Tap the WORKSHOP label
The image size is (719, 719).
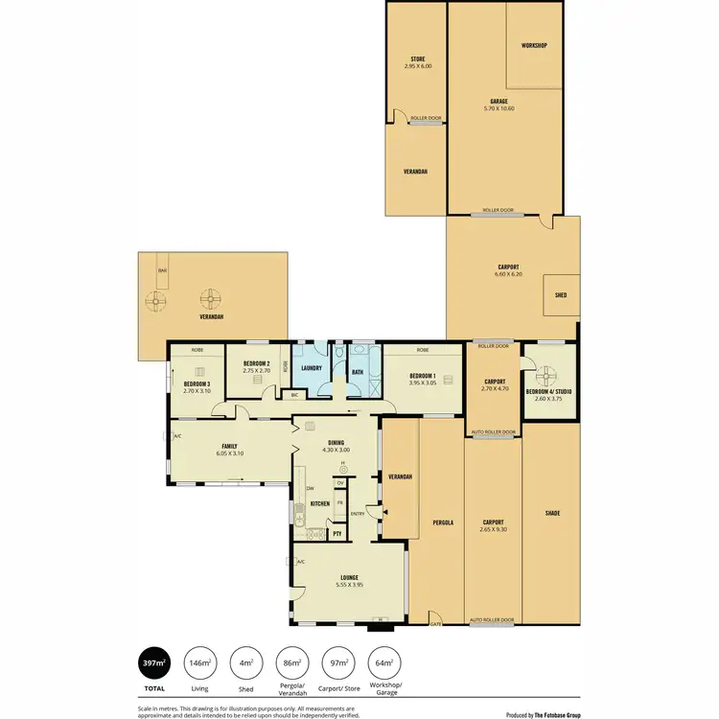533,46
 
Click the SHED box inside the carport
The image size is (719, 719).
561,296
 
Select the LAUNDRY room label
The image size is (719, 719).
311,368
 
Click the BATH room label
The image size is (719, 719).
358,372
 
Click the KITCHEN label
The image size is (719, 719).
320,503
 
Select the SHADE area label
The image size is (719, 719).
552,513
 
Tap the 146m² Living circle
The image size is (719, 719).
200,662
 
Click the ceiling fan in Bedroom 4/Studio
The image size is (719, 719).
549,374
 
